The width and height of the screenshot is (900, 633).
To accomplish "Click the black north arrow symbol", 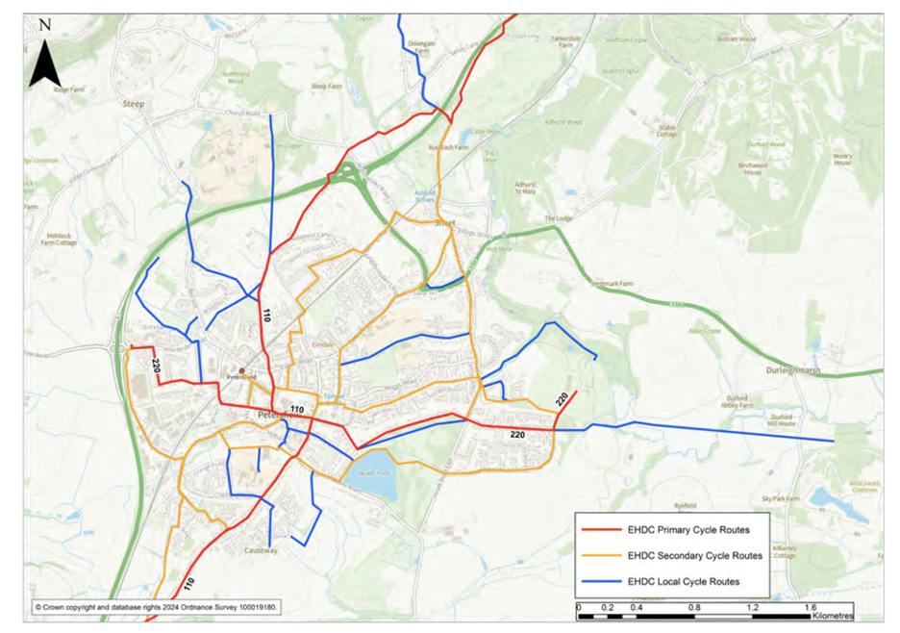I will (44, 56).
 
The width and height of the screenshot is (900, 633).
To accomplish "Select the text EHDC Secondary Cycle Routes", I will (694, 555).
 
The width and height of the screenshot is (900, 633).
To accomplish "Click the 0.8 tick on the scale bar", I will (693, 608).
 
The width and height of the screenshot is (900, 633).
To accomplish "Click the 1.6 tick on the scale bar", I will (810, 608).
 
